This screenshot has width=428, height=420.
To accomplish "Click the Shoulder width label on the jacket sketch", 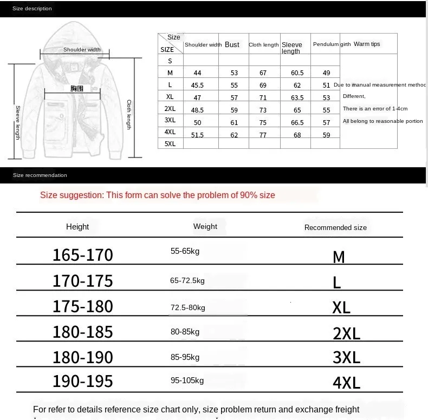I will tap(82, 50).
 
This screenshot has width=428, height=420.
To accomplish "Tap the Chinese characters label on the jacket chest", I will tap(77, 88).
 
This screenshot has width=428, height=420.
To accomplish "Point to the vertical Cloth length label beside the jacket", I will tap(129, 114).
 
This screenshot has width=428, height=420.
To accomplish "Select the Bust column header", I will tap(232, 45).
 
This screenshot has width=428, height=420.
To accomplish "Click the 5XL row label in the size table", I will tap(170, 143).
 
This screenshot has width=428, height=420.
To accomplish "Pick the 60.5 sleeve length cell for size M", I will tap(297, 73).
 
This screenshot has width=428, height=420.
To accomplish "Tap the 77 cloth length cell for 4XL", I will tap(263, 135).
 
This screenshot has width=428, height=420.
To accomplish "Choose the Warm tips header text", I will tap(367, 44).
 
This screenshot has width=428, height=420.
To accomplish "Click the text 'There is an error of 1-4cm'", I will tap(375, 109).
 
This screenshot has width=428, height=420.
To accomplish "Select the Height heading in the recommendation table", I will tap(77, 227).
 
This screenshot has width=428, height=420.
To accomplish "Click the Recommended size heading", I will tap(335, 227).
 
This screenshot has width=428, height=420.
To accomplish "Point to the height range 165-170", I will tap(82, 255).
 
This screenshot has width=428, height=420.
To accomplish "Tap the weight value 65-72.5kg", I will tap(187, 280).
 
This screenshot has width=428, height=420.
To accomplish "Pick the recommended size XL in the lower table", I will tap(341, 307).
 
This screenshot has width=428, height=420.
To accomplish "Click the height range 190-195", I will tap(82, 381).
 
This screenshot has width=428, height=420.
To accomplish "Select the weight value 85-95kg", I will tap(185, 357).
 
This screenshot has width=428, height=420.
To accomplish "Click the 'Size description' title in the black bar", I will tap(33, 9).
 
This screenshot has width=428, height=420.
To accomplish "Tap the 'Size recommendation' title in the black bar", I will tap(40, 175).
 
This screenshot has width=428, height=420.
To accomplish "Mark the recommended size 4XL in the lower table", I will tap(346, 383).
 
